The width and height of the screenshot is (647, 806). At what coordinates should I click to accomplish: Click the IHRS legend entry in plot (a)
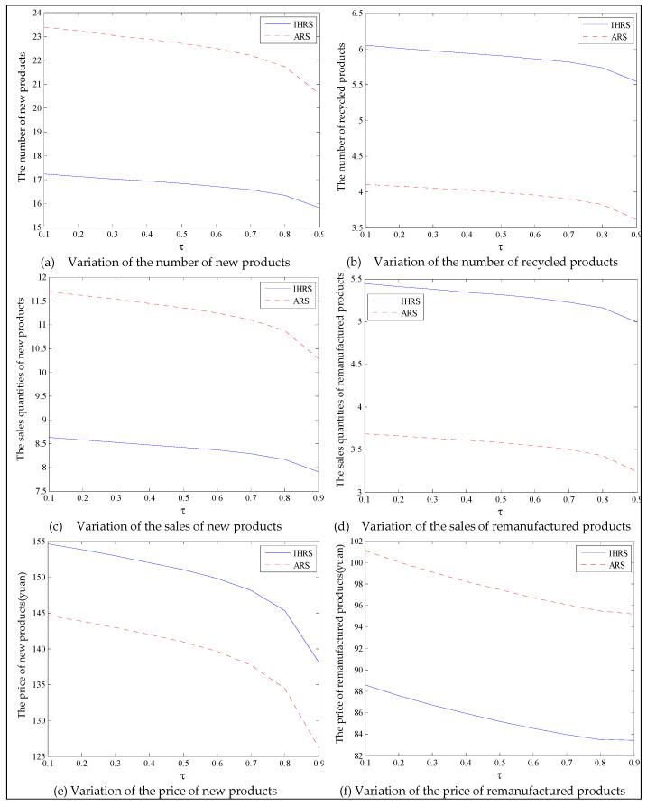point(287,20)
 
